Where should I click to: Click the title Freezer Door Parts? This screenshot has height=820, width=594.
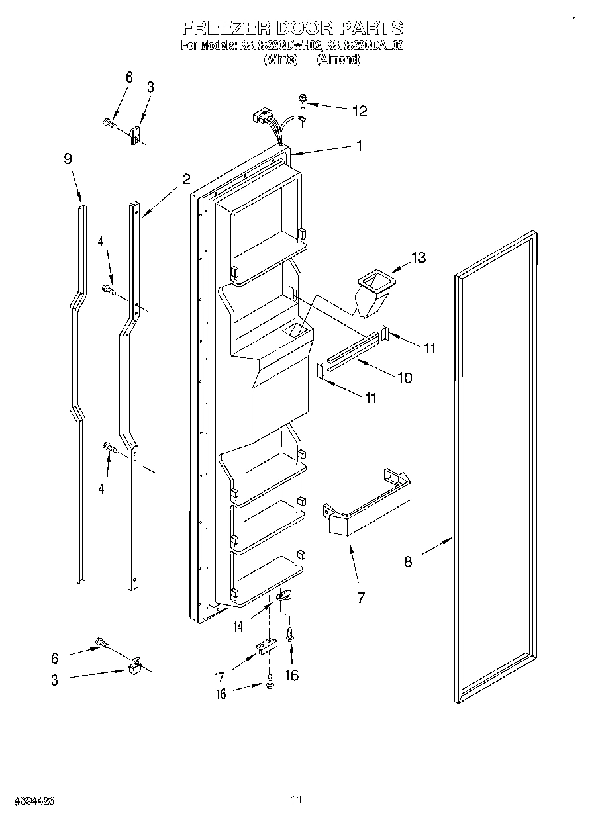[292, 28]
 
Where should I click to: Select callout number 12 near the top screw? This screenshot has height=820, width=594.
[359, 111]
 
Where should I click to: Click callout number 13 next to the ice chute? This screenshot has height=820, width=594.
[419, 257]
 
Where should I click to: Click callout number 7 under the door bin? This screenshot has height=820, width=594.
[361, 598]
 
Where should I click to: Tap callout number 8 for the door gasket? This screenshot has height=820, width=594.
[408, 561]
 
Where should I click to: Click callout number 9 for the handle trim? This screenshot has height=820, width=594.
[68, 159]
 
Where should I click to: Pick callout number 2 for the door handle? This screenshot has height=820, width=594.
[186, 178]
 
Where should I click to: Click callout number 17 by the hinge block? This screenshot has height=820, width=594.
[219, 677]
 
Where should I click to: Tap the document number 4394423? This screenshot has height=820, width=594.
[28, 800]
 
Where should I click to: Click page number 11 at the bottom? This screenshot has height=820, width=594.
[296, 800]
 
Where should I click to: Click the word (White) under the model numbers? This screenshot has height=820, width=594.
[279, 59]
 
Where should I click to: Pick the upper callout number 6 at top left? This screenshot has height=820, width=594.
[128, 78]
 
